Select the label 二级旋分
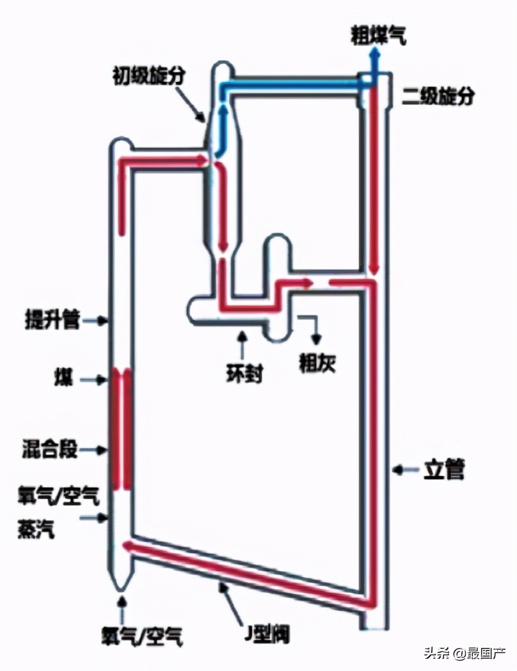click(x=439, y=97)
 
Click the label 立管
click(x=443, y=471)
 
